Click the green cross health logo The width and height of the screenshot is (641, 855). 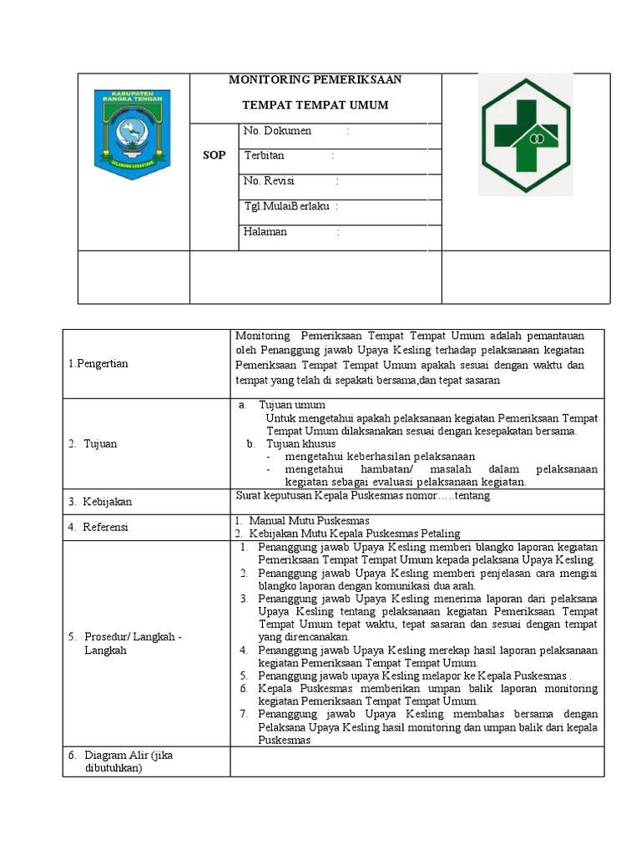pyautogui.click(x=524, y=134)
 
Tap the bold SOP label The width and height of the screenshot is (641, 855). pyautogui.click(x=215, y=156)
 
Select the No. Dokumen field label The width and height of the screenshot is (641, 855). pyautogui.click(x=277, y=131)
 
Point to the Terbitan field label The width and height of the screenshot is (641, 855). pyautogui.click(x=264, y=155)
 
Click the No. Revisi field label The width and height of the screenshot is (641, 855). pyautogui.click(x=269, y=180)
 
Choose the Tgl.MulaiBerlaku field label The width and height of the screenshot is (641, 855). pyautogui.click(x=285, y=206)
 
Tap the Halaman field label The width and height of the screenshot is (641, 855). pyautogui.click(x=265, y=231)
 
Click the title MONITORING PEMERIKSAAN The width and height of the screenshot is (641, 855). pyautogui.click(x=315, y=80)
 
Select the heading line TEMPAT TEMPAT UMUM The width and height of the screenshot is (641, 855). pyautogui.click(x=315, y=105)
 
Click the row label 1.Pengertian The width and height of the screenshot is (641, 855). pyautogui.click(x=98, y=363)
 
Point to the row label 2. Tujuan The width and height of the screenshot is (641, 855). pyautogui.click(x=93, y=443)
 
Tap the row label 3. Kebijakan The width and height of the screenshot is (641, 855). pyautogui.click(x=100, y=502)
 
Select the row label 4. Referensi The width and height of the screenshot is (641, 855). pyautogui.click(x=98, y=527)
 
